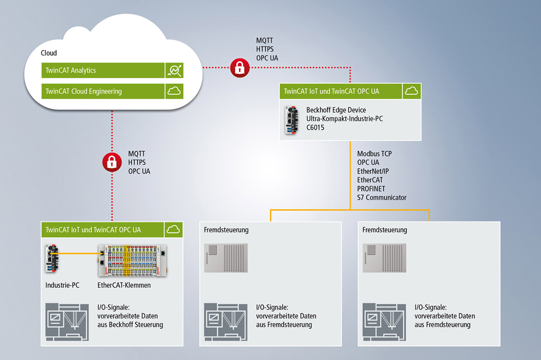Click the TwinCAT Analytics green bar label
point(70,70)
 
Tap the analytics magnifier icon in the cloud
point(174,70)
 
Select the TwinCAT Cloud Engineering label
point(83,91)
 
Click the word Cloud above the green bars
point(49,53)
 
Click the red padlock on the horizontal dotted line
point(240,68)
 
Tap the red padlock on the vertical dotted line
point(112,162)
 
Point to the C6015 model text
point(315,127)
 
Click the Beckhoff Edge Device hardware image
point(291,120)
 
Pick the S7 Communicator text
point(381,197)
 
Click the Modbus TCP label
point(375,153)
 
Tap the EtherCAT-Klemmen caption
point(124,285)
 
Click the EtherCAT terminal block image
point(132,260)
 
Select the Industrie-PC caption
point(62,285)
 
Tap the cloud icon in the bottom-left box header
point(173,229)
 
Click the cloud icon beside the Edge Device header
point(411,91)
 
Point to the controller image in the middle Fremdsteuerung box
point(226,258)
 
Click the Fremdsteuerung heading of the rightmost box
point(385,230)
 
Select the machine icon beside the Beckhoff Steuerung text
point(67,322)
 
